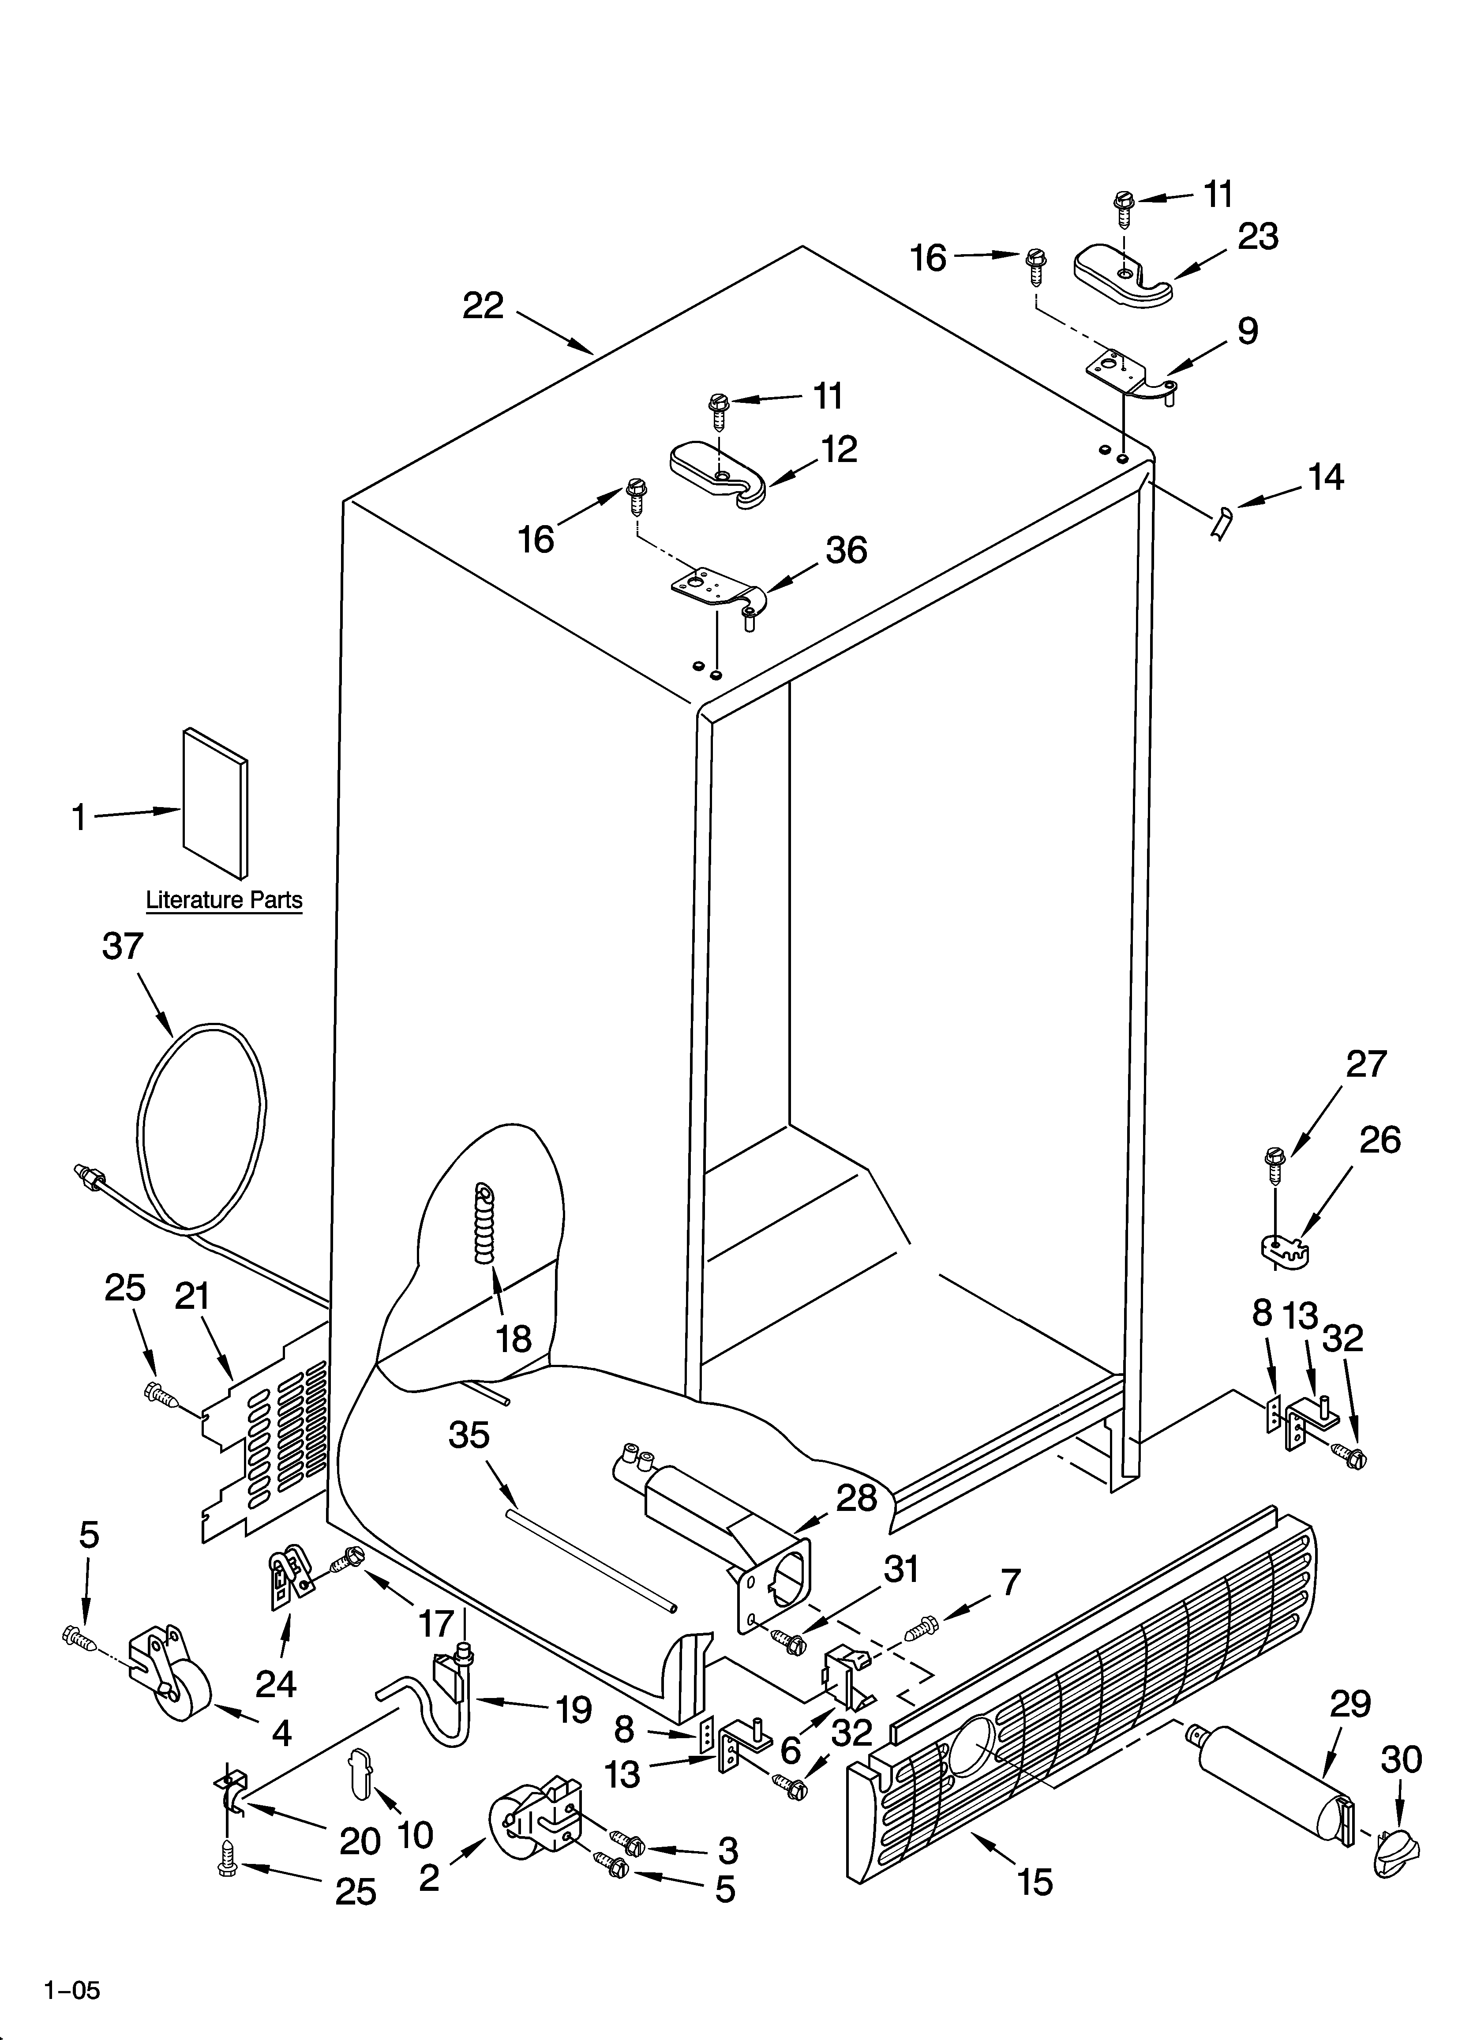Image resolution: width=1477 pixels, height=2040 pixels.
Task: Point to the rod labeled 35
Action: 589,1561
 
